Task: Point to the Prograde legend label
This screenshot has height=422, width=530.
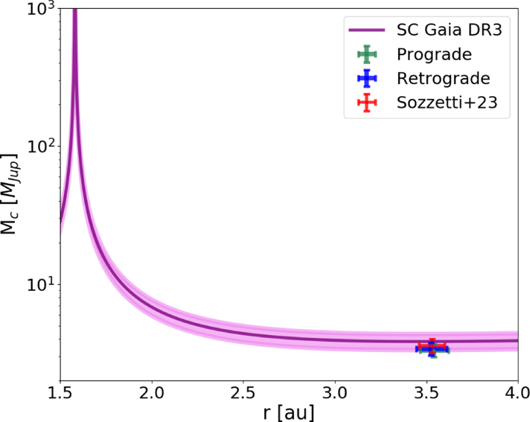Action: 434,54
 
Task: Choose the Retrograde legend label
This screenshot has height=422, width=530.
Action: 443,78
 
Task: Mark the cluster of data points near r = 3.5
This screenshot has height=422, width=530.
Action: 432,348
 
